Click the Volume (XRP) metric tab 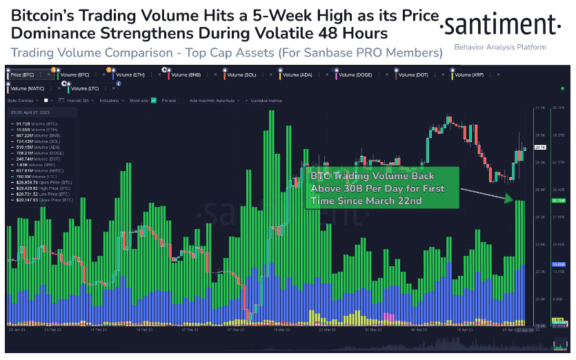click(469, 73)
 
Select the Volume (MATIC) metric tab click(28, 88)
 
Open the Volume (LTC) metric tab click(85, 88)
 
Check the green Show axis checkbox click(154, 101)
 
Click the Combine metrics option click(266, 101)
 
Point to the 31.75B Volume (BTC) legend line click(34, 123)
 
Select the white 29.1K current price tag click(539, 148)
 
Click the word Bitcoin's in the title click(41, 15)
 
